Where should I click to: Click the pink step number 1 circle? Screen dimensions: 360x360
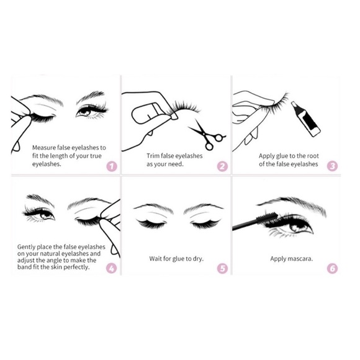(111, 166)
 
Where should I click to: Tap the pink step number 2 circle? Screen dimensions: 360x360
(223, 166)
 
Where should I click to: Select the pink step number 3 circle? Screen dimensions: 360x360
(332, 166)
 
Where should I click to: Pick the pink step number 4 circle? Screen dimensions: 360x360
(111, 269)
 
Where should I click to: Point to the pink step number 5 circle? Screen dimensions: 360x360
(223, 269)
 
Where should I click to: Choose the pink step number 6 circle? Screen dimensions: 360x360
(332, 269)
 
